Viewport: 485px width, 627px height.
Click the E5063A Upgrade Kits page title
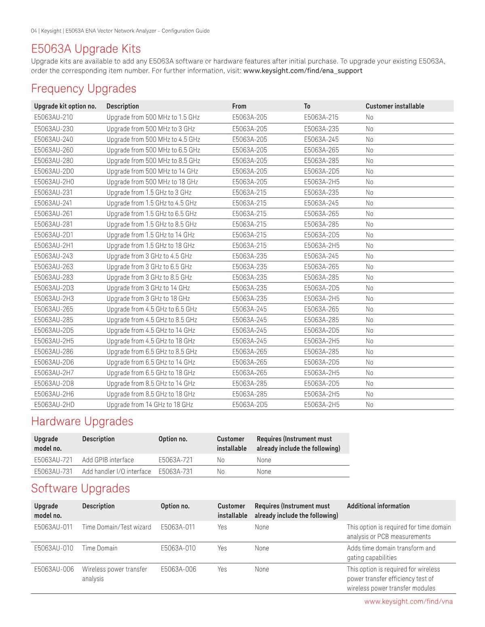click(x=86, y=49)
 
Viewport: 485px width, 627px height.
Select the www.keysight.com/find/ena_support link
click(x=303, y=71)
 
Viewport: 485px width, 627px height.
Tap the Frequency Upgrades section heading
click(x=84, y=89)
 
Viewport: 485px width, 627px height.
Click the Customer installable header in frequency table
click(x=395, y=106)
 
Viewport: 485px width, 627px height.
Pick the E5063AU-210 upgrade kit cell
click(x=53, y=118)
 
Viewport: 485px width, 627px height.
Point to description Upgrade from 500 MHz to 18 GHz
click(x=152, y=182)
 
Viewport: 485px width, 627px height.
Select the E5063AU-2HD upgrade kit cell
click(x=54, y=405)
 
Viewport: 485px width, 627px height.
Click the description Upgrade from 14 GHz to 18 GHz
click(x=150, y=405)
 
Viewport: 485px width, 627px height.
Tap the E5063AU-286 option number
click(x=54, y=352)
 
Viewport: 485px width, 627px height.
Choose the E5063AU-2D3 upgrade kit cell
click(x=54, y=288)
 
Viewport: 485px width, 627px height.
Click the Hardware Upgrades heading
click(x=82, y=421)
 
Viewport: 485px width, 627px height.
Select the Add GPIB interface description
click(x=108, y=460)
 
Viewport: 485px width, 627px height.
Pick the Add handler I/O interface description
click(x=116, y=471)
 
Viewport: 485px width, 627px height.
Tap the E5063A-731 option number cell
click(x=176, y=471)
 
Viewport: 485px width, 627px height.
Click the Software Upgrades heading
click(x=80, y=488)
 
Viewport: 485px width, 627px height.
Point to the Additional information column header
click(x=378, y=506)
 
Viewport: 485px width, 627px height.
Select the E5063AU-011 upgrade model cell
click(x=53, y=527)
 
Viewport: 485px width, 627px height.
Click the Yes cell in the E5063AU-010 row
click(x=222, y=548)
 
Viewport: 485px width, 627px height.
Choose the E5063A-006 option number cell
click(x=178, y=569)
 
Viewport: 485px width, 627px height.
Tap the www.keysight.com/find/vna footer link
click(x=408, y=602)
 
